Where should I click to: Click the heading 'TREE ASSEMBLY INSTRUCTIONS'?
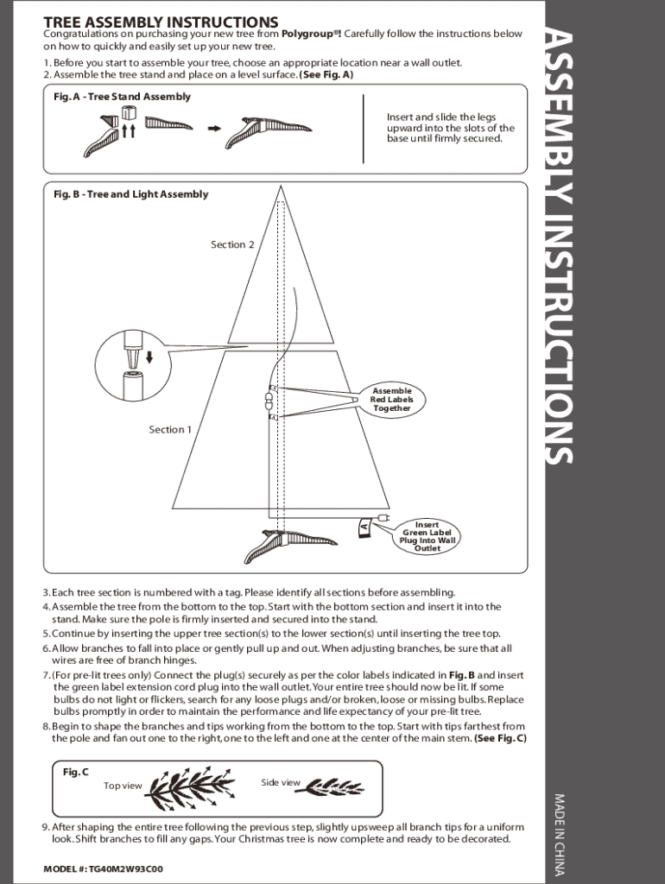pos(161,22)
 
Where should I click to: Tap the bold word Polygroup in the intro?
pos(309,34)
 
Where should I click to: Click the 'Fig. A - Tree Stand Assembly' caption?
pos(122,97)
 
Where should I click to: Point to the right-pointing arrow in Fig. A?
pos(214,129)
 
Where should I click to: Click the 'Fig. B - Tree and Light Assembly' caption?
pos(131,194)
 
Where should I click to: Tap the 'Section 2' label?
pos(232,244)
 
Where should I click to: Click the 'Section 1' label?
pos(170,430)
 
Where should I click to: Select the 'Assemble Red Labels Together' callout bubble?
pos(391,400)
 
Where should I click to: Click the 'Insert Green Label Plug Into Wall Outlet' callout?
pos(427,536)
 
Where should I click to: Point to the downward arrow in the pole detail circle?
pos(149,357)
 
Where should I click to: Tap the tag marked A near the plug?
pos(364,527)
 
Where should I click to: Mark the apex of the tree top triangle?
pos(280,186)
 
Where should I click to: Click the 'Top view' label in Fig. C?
pos(123,786)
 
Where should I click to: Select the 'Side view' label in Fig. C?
pos(281,782)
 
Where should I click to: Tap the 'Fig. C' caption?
pos(76,772)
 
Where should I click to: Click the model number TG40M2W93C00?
pos(125,868)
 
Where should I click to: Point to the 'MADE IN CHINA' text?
pos(559,835)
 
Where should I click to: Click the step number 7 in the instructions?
pos(47,675)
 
